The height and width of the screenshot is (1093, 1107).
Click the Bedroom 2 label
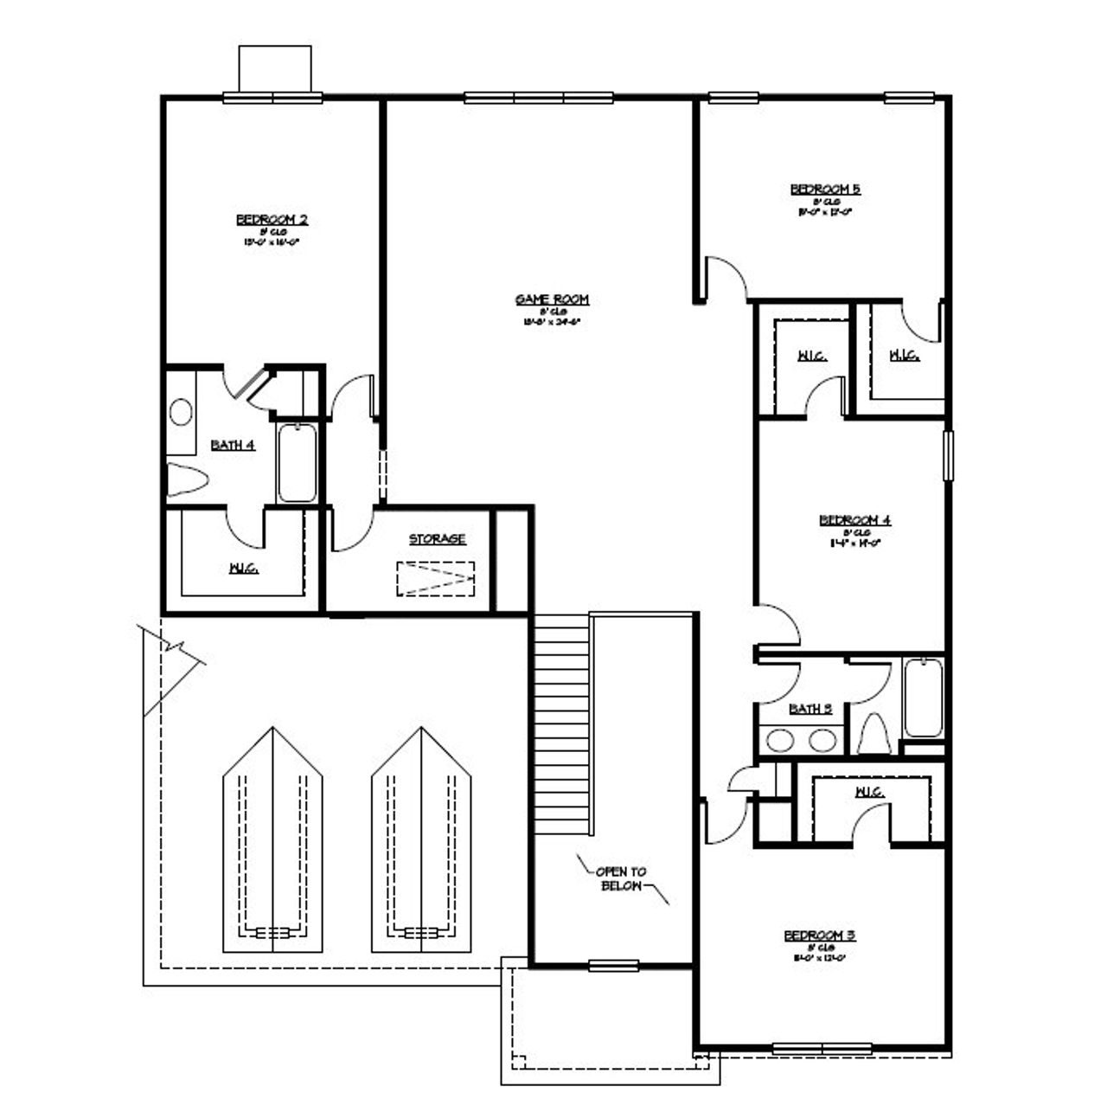pyautogui.click(x=272, y=220)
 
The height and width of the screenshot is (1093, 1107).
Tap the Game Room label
pyautogui.click(x=552, y=299)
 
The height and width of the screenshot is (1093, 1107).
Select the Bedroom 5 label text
pyautogui.click(x=825, y=190)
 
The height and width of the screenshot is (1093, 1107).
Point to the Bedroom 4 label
pyautogui.click(x=854, y=520)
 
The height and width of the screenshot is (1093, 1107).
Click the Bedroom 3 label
pyautogui.click(x=819, y=935)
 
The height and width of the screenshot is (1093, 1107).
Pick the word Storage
pyautogui.click(x=437, y=539)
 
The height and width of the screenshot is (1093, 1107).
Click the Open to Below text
pyautogui.click(x=621, y=878)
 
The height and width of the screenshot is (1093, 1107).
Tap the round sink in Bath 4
pyautogui.click(x=181, y=412)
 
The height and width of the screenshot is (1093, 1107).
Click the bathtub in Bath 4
pyautogui.click(x=298, y=461)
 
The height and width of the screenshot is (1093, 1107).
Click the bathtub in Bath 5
pyautogui.click(x=923, y=698)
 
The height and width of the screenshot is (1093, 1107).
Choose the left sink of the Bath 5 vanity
pyautogui.click(x=781, y=740)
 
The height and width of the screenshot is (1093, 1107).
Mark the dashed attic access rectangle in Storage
pyautogui.click(x=436, y=578)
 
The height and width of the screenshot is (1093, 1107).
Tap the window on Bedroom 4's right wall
pyautogui.click(x=948, y=455)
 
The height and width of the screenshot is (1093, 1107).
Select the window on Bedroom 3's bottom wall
pyautogui.click(x=822, y=1049)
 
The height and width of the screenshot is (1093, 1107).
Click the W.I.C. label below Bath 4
pyautogui.click(x=243, y=569)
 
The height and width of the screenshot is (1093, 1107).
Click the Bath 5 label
pyautogui.click(x=810, y=709)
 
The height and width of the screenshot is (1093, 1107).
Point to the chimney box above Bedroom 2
pyautogui.click(x=274, y=68)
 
